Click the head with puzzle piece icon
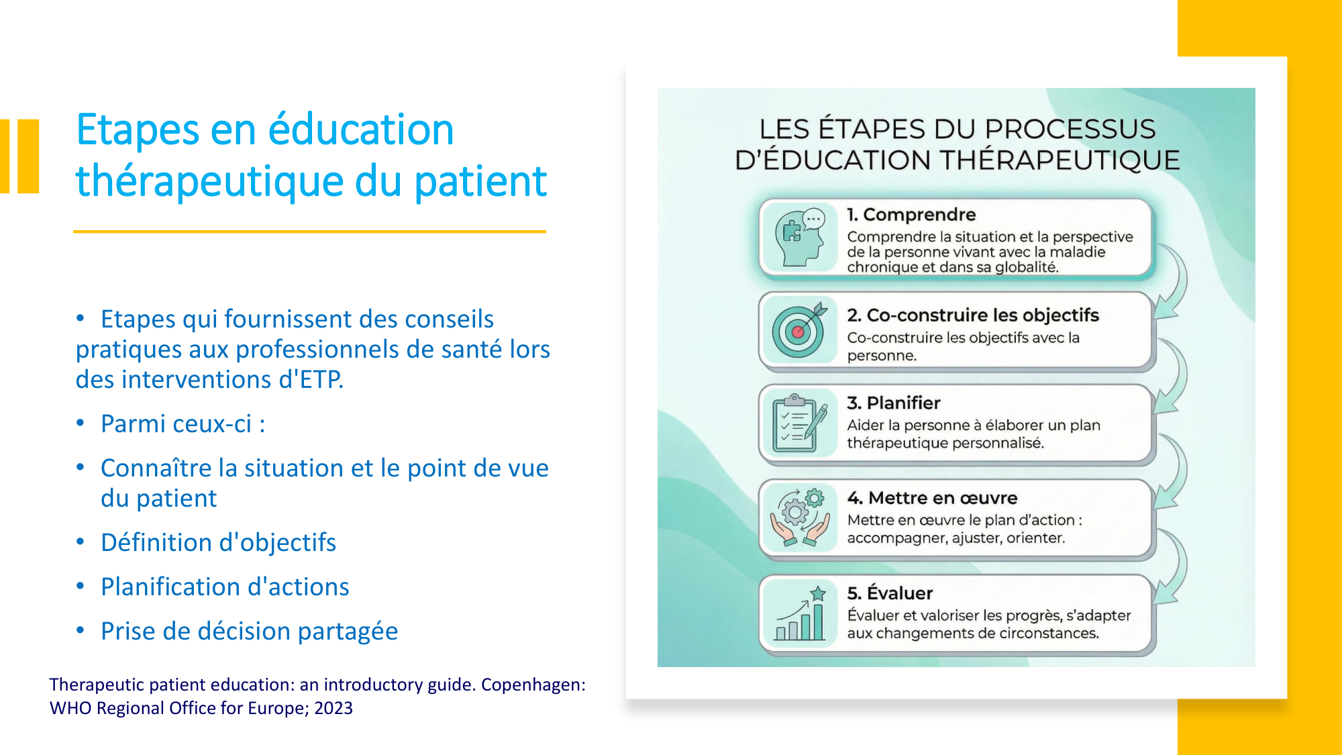tap(799, 238)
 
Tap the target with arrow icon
tap(799, 330)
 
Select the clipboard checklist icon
tap(799, 423)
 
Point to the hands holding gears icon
tap(799, 517)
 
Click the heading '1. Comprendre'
tap(911, 215)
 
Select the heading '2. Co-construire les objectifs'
tap(973, 315)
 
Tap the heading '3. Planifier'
tap(894, 403)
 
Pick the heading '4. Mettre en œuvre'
tap(932, 498)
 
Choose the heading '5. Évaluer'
tap(890, 593)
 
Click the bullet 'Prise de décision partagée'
tap(250, 631)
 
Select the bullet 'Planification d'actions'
tap(225, 587)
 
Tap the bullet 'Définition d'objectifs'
tap(218, 542)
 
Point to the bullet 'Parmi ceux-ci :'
tap(183, 424)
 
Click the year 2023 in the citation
tap(333, 708)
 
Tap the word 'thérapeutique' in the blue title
tap(210, 181)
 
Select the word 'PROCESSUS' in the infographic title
tap(1070, 129)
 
